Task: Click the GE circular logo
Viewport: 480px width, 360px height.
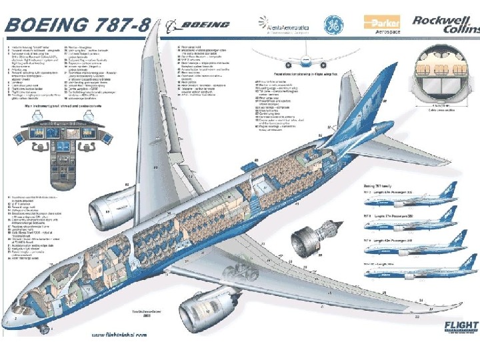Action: (334, 25)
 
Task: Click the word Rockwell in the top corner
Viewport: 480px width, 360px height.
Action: (437, 20)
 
